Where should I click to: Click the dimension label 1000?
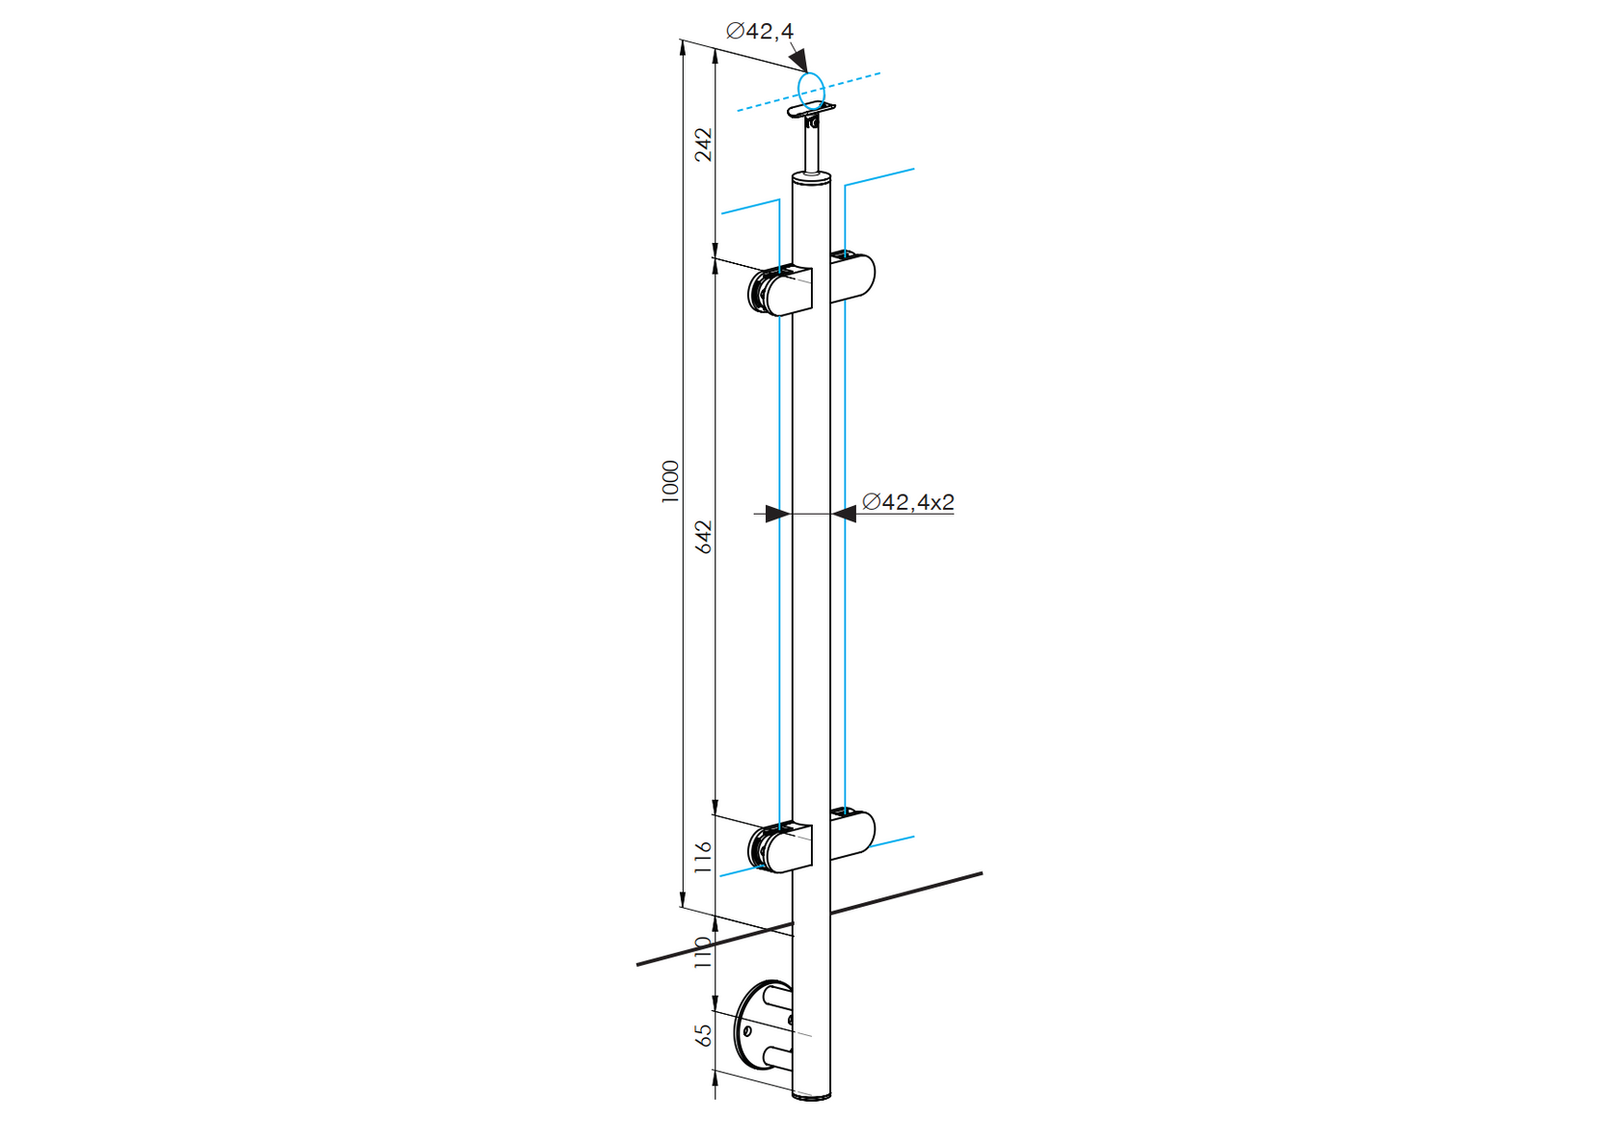pos(670,480)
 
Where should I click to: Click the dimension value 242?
pos(704,144)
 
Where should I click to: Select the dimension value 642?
pos(704,537)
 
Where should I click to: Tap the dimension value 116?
pos(704,857)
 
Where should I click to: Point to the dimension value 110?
pos(704,952)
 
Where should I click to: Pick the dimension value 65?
pos(704,1035)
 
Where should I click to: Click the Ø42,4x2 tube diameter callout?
pos(907,502)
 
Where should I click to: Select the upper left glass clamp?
pos(781,291)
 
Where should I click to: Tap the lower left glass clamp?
pos(781,847)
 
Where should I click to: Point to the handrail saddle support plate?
pos(811,111)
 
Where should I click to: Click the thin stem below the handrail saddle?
pos(811,149)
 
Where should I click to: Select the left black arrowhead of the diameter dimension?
pos(777,514)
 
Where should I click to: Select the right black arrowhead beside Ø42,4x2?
pos(844,514)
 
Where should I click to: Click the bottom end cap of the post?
pos(811,1096)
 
